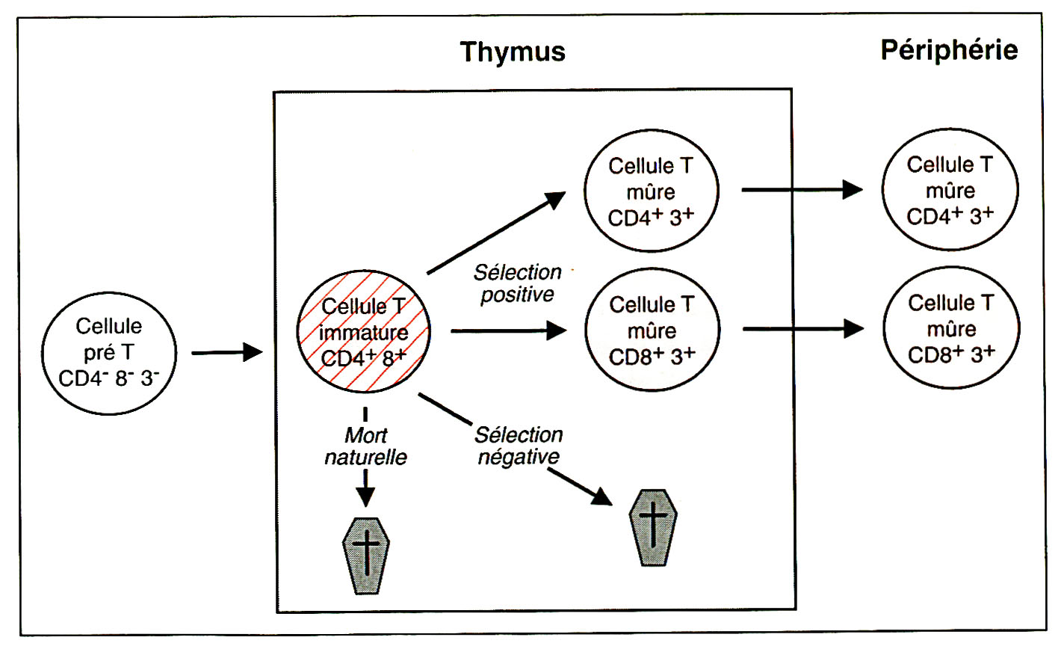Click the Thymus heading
click(513, 52)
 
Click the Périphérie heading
click(949, 50)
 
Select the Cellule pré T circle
click(109, 353)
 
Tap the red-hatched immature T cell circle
click(364, 331)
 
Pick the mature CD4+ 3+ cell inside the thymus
click(651, 191)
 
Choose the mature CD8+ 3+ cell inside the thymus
click(652, 330)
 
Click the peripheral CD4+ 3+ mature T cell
click(950, 190)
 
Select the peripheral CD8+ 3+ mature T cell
click(950, 328)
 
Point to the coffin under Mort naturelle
click(365, 556)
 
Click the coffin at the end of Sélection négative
click(653, 527)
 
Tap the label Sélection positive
click(517, 283)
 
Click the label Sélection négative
click(519, 446)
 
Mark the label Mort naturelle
click(365, 446)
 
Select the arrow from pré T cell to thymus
click(226, 352)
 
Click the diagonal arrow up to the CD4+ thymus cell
click(496, 233)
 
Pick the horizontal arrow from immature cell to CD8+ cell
click(508, 330)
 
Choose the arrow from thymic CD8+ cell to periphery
click(802, 328)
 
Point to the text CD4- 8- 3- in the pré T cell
click(108, 378)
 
